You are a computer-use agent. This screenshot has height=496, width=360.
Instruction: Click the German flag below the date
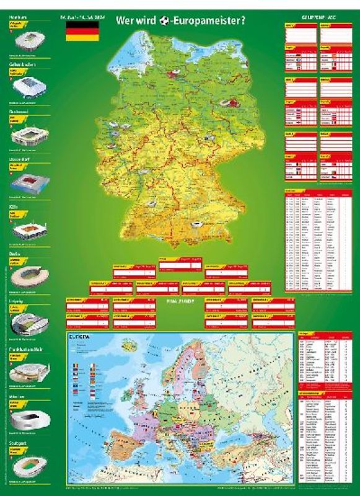click(78, 34)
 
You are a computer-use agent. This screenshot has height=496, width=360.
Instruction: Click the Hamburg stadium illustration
click(27, 42)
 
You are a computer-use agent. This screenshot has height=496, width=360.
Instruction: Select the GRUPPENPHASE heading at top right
click(316, 18)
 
